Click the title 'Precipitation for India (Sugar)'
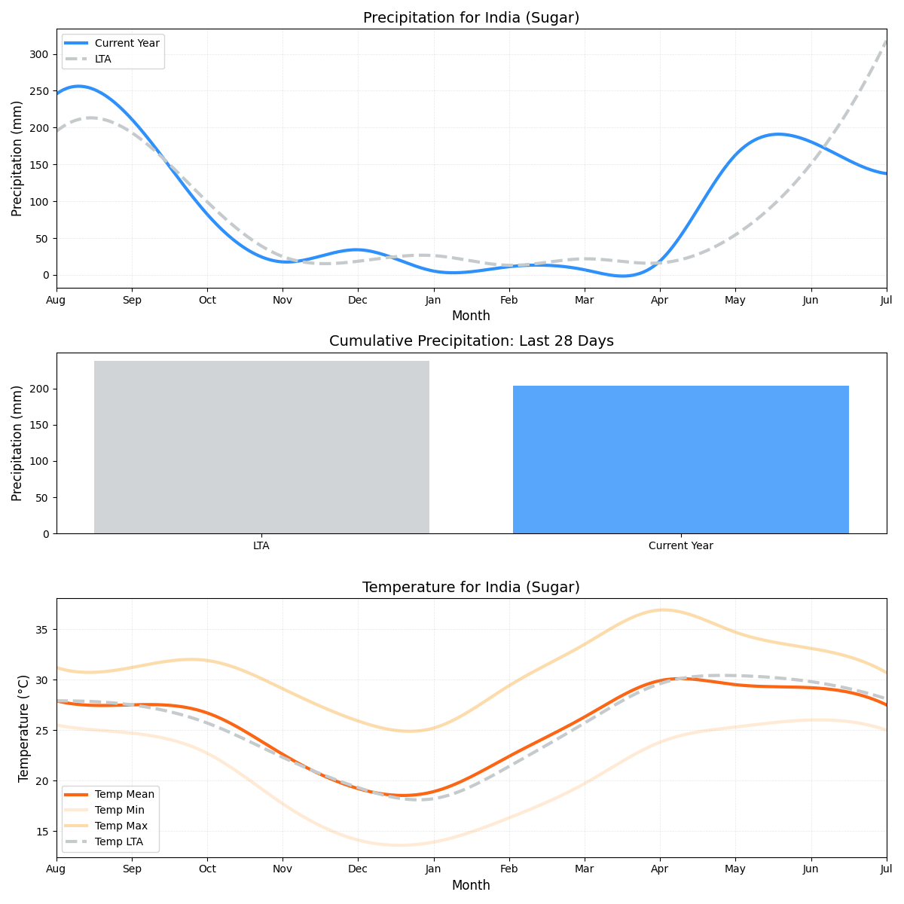pos(471,18)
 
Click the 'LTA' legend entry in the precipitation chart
pos(102,60)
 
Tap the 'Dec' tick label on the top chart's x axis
pos(358,300)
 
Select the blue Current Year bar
pos(680,460)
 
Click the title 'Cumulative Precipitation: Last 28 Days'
pos(471,341)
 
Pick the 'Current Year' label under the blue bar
pos(680,546)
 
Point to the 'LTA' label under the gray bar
pos(261,546)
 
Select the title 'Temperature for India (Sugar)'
pos(471,588)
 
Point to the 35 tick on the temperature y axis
pos(42,630)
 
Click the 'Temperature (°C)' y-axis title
pos(23,728)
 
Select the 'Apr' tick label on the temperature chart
pos(660,869)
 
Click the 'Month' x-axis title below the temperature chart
pos(471,886)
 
